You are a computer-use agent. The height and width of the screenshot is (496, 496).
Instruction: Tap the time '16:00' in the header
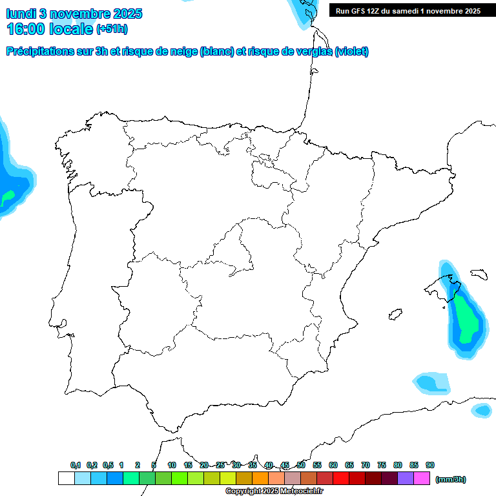pyautogui.click(x=26, y=29)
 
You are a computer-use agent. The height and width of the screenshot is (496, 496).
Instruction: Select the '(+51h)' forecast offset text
pyautogui.click(x=112, y=30)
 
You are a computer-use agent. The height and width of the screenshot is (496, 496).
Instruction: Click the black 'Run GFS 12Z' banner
pyautogui.click(x=408, y=11)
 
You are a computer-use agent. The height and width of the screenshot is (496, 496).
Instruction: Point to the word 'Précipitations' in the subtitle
pyautogui.click(x=39, y=52)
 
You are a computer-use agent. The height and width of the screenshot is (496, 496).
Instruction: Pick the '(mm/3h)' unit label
pyautogui.click(x=450, y=479)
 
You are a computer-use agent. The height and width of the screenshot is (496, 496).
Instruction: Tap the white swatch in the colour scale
pyautogui.click(x=66, y=479)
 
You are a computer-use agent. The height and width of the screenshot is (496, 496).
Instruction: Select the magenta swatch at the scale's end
pyautogui.click(x=422, y=479)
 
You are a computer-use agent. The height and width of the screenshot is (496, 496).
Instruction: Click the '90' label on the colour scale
pyautogui.click(x=430, y=465)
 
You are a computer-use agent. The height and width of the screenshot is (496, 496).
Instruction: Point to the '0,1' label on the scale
pyautogui.click(x=76, y=465)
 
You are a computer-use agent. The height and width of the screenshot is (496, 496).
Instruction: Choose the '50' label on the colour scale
pyautogui.click(x=301, y=465)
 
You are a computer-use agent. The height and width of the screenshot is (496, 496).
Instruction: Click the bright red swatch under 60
pyautogui.click(x=340, y=479)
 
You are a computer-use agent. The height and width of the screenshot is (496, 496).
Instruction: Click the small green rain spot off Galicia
pyautogui.click(x=8, y=195)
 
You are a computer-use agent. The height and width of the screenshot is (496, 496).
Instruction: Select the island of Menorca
pyautogui.click(x=479, y=274)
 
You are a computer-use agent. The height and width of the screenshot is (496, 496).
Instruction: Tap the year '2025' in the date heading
pyautogui.click(x=125, y=14)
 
